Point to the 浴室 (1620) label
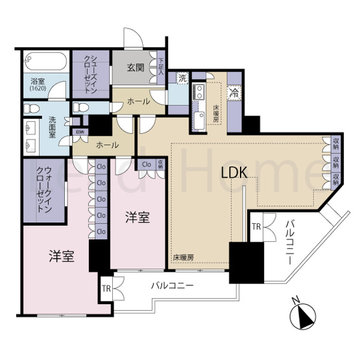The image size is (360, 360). click(38, 84)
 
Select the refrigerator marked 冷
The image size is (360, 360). click(234, 92)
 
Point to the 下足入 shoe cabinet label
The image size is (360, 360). click(162, 68)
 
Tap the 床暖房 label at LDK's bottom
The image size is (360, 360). click(184, 258)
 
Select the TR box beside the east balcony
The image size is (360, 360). click(257, 227)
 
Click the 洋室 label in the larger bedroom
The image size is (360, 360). click(62, 256)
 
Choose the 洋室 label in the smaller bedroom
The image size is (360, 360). click(138, 217)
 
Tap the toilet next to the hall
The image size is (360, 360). click(82, 107)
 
